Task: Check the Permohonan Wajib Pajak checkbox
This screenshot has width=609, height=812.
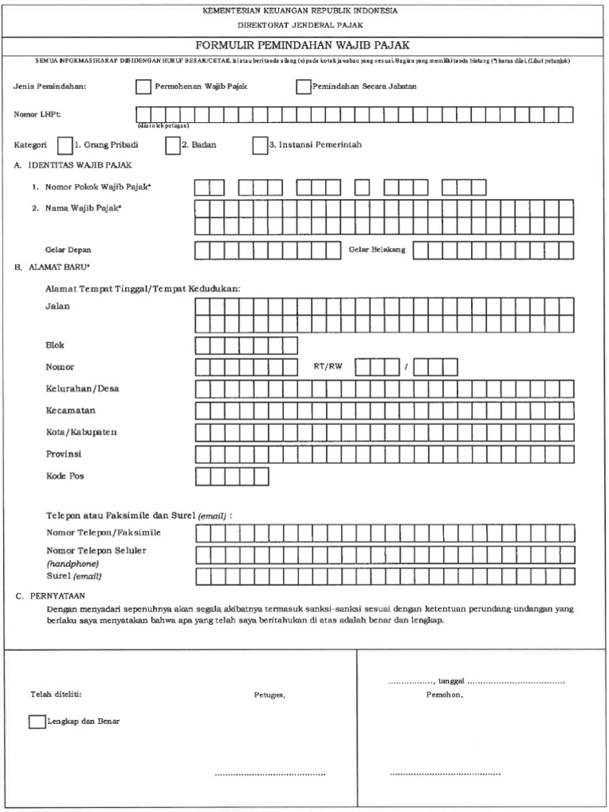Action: tap(143, 86)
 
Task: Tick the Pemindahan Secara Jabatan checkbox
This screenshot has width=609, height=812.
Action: tap(303, 86)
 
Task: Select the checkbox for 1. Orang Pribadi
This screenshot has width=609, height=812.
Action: tap(65, 145)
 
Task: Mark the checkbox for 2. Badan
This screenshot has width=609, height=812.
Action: tap(173, 145)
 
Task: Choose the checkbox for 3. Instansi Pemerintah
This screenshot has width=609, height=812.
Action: tap(259, 145)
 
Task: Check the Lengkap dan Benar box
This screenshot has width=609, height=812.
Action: tap(36, 722)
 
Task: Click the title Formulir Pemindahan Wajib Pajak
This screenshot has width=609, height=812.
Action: tap(305, 45)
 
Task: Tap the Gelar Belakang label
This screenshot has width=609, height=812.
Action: tap(377, 250)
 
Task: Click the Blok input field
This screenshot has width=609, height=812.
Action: tap(247, 345)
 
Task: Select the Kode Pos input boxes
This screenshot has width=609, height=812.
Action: tap(232, 476)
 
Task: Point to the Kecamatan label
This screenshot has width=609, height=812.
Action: tap(71, 410)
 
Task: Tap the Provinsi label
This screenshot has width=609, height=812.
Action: tap(64, 454)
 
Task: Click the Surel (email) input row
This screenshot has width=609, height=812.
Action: tap(385, 575)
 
